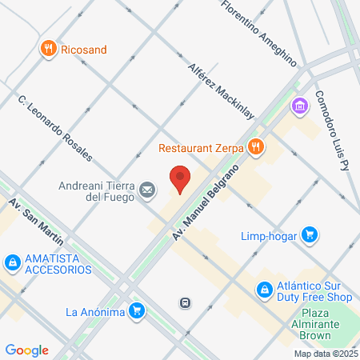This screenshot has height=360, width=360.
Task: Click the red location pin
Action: (x=180, y=179)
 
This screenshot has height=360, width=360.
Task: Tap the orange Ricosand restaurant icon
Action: (x=49, y=50)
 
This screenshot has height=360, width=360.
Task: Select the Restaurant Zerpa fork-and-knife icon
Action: (x=255, y=146)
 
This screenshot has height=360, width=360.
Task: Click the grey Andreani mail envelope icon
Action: (x=147, y=190)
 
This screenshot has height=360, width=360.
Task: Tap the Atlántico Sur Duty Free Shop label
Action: (x=314, y=290)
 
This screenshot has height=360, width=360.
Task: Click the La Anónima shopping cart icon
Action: (x=138, y=311)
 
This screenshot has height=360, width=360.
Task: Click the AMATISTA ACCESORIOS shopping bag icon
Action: (x=12, y=262)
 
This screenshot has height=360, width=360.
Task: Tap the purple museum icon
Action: (x=300, y=106)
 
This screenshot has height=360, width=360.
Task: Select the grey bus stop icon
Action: (x=185, y=302)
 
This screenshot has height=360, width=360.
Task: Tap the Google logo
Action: (x=26, y=350)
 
